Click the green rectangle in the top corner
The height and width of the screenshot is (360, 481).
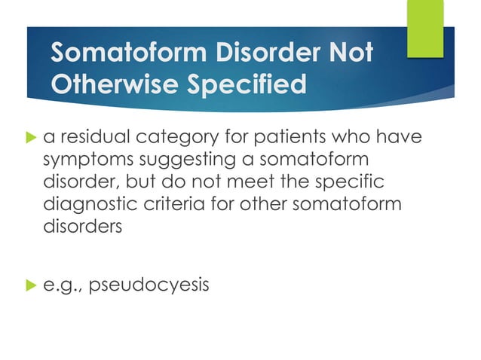425,28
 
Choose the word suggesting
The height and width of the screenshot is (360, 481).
170,161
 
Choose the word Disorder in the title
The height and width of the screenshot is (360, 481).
254,53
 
